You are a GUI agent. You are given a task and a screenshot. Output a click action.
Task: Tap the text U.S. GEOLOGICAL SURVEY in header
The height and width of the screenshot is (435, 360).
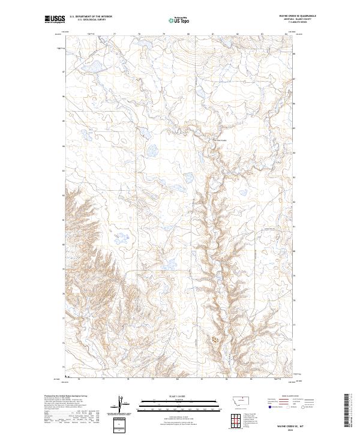click(84, 20)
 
